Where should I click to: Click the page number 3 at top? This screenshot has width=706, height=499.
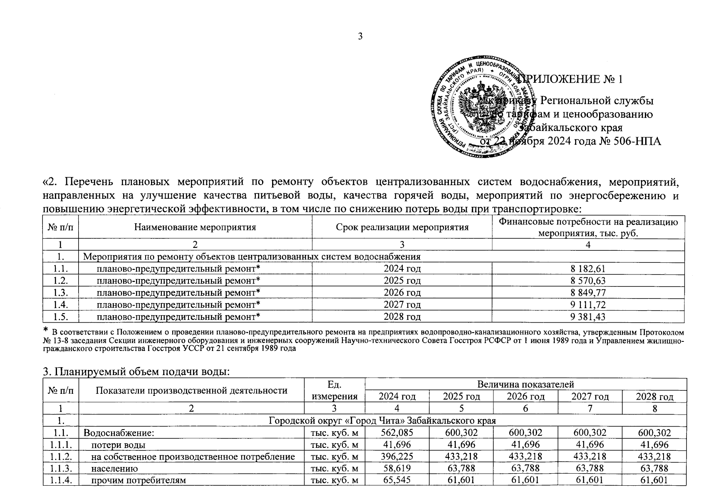360,37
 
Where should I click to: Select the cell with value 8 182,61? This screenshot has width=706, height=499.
588,269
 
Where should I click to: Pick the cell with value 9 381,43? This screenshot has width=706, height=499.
588,317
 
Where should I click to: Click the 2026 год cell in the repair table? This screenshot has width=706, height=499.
402,293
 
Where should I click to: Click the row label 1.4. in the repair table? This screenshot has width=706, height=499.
61,305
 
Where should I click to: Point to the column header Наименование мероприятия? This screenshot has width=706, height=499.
195,227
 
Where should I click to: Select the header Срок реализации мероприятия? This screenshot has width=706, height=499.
402,227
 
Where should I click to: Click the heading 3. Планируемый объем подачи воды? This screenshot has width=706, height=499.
136,371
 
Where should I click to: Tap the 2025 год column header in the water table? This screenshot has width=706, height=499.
461,396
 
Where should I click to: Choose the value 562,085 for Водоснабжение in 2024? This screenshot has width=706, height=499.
397,433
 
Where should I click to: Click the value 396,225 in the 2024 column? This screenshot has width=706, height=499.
397,457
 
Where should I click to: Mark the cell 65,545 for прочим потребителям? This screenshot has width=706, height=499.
397,480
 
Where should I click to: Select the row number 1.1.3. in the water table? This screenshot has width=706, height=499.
61,469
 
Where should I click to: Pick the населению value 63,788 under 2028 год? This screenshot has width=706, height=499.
654,469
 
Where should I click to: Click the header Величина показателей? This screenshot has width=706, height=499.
525,384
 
